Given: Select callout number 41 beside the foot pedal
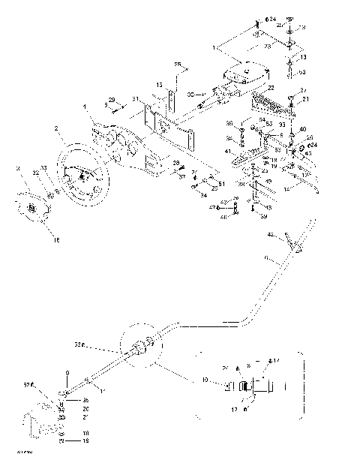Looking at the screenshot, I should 226,152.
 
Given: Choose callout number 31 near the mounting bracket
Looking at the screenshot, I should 135,100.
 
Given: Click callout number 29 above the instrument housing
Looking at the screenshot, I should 112,99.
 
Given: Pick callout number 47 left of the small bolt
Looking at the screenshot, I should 223,206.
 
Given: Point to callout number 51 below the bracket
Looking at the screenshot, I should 220,184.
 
